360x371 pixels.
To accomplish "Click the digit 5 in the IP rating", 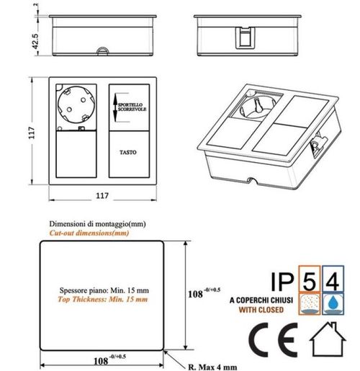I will pos(312,280).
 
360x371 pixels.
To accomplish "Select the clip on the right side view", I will pos(246,37).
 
